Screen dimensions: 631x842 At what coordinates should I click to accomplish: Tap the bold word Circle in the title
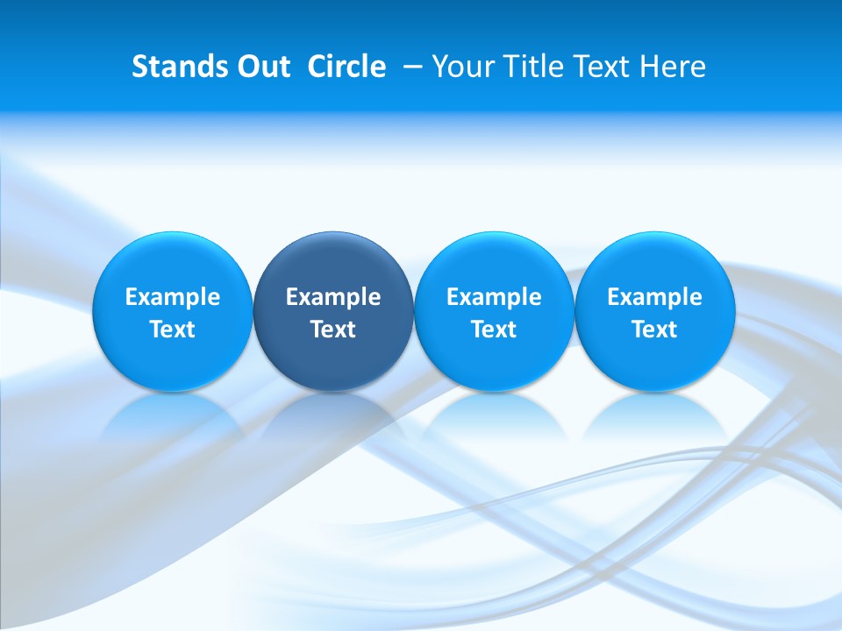(x=346, y=67)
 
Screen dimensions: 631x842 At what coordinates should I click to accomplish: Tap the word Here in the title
(x=673, y=67)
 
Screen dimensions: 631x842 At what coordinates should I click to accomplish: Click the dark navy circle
(x=333, y=310)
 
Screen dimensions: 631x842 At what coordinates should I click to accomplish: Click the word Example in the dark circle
(x=333, y=297)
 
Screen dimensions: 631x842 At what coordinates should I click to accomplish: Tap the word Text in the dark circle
(x=333, y=330)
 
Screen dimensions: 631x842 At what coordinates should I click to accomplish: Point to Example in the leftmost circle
(x=173, y=297)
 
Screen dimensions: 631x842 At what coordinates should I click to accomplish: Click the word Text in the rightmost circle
(x=655, y=330)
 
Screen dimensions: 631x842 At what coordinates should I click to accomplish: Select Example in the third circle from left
(x=494, y=297)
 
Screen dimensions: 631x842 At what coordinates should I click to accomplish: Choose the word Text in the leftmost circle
(x=173, y=330)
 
